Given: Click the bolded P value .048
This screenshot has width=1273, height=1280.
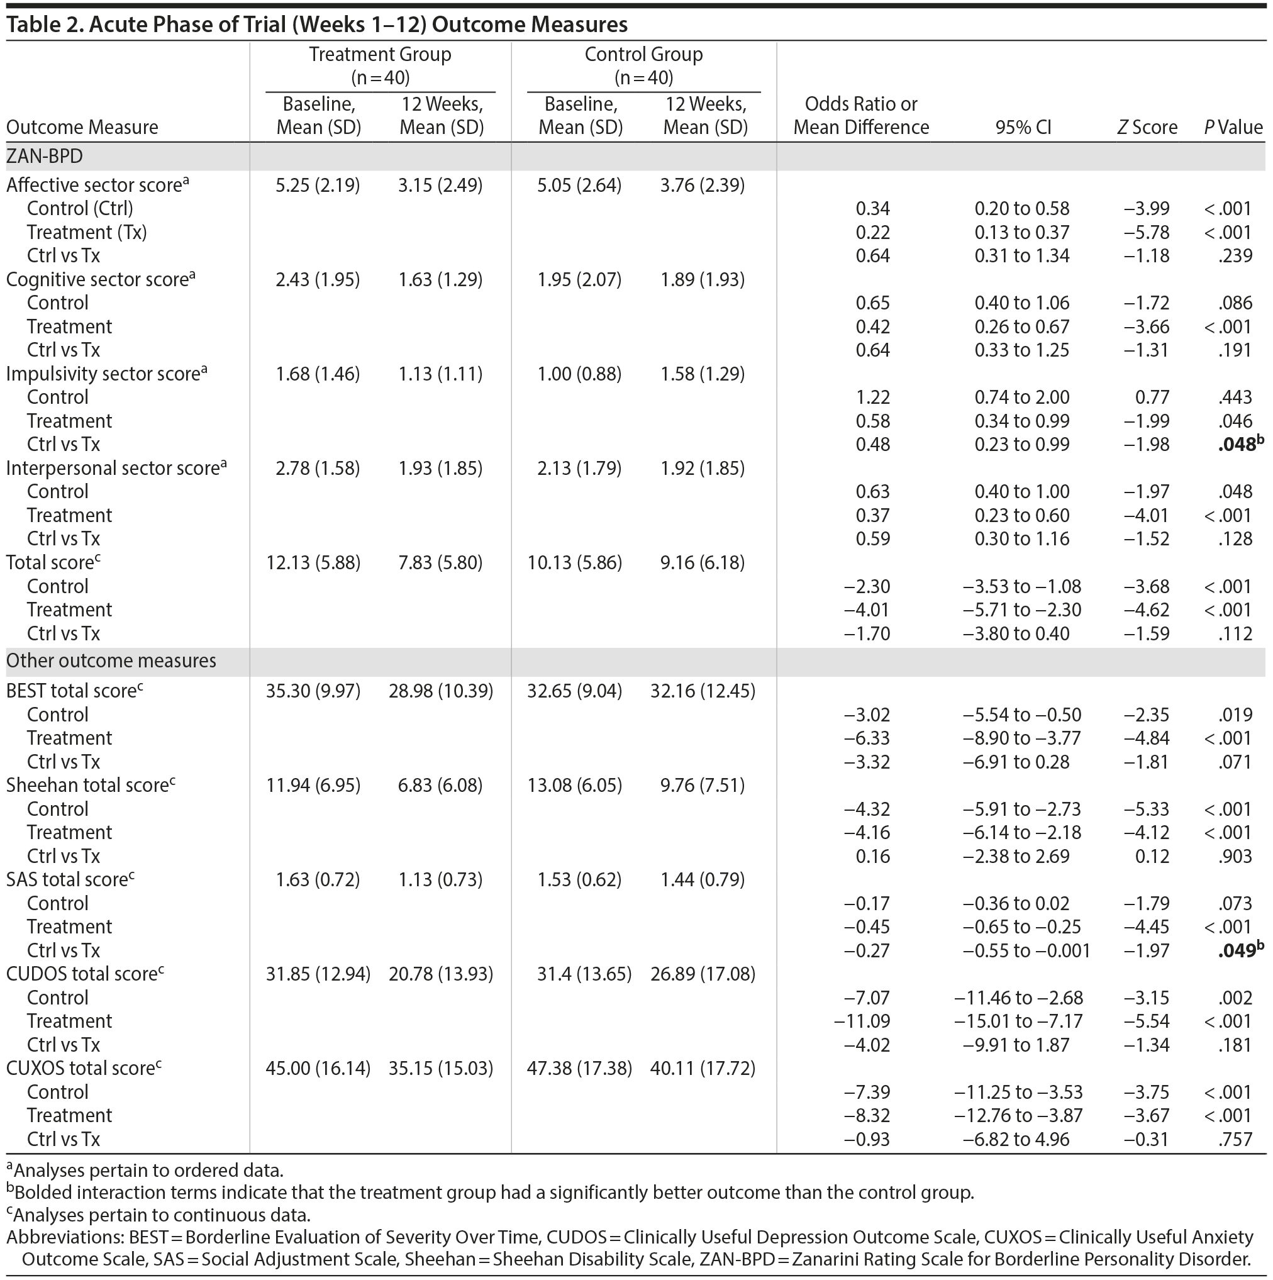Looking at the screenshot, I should [x=1236, y=445].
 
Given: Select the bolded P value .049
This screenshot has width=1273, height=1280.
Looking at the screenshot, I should [x=1236, y=951].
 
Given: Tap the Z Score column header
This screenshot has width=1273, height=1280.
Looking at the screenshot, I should [x=1147, y=127].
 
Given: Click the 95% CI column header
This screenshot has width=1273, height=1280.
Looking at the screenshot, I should [x=1023, y=127].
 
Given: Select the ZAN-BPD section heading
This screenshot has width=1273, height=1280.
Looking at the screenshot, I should [x=45, y=157].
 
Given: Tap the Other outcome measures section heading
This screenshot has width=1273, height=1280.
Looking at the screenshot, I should [x=111, y=661].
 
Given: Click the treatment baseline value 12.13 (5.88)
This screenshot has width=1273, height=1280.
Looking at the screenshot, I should [x=313, y=563].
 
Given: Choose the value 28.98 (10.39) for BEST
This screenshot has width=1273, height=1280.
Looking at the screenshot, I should [x=440, y=691].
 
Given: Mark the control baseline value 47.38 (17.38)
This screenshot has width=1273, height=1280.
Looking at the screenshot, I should [x=579, y=1069].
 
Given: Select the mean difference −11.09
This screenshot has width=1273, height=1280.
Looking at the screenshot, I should [x=862, y=1021].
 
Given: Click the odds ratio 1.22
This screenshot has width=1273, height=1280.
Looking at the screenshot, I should [x=872, y=398].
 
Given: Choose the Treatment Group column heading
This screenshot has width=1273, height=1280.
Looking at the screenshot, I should [x=380, y=54].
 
